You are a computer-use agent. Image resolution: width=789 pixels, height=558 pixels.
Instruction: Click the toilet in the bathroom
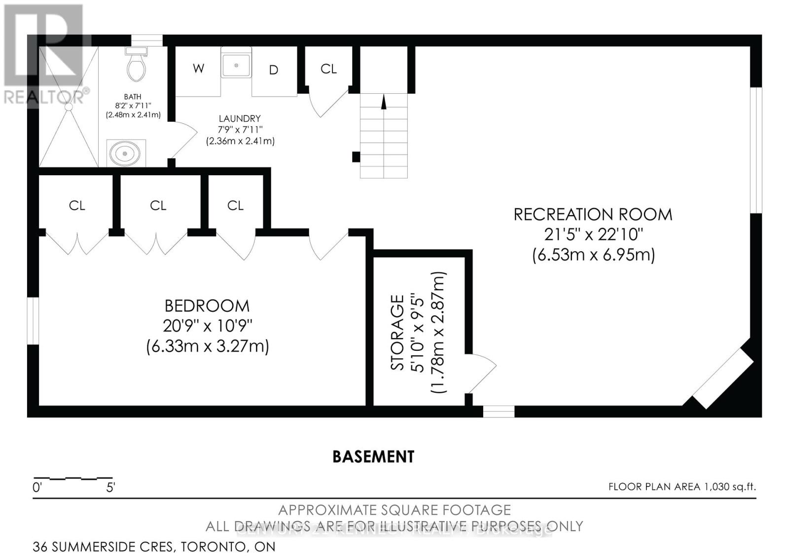click(x=136, y=67)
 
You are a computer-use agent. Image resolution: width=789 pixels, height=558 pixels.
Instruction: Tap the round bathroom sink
click(x=126, y=153)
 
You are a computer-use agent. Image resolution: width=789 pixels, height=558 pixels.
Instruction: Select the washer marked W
click(x=198, y=69)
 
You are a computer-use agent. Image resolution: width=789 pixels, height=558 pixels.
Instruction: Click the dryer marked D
click(x=273, y=70)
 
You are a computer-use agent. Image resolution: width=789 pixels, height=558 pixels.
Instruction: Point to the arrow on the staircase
click(x=384, y=103)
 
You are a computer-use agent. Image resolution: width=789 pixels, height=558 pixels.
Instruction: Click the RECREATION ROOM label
click(x=593, y=215)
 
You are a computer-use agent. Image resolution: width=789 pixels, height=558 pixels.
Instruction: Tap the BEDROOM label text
click(x=207, y=306)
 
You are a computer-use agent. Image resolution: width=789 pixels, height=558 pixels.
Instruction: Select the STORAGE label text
click(x=397, y=332)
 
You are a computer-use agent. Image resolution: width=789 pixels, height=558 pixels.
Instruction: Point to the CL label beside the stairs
click(x=328, y=69)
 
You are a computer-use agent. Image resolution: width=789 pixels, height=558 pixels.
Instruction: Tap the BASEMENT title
click(x=373, y=456)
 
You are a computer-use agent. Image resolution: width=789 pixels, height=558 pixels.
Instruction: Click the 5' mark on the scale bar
click(x=110, y=488)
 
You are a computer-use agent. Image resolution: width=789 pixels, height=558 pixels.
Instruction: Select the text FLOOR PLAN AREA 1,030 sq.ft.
click(x=681, y=487)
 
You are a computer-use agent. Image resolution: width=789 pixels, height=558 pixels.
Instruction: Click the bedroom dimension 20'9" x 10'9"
click(x=207, y=326)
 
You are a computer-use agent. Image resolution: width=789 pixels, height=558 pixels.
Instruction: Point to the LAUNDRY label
click(x=240, y=118)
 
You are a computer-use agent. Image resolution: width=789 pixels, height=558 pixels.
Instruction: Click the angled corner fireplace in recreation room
click(x=723, y=377)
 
